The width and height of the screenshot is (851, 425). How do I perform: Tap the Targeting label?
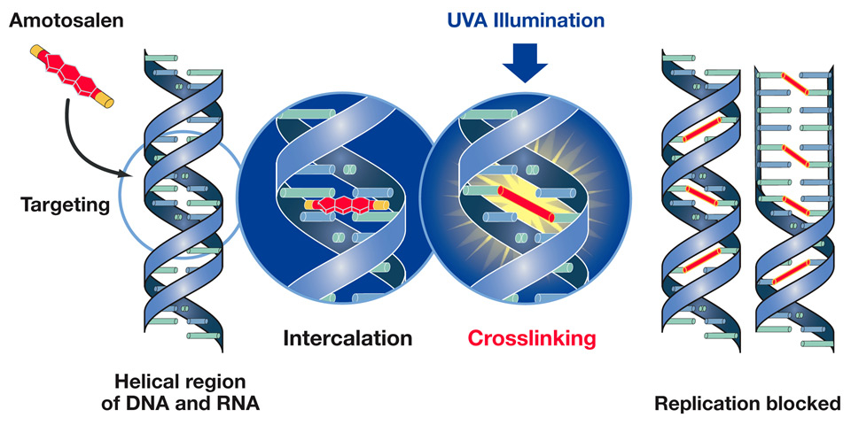[64, 205]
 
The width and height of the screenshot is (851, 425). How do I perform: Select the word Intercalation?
[347, 338]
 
